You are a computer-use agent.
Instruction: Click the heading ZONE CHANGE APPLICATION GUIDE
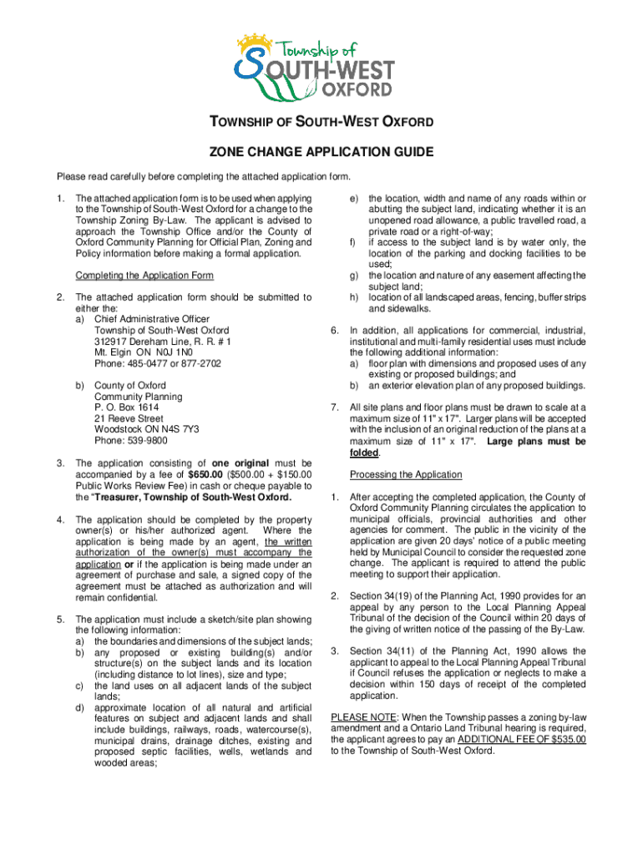pyautogui.click(x=321, y=153)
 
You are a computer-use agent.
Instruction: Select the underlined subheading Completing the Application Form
pyautogui.click(x=144, y=276)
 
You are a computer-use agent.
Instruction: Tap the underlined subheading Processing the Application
pyautogui.click(x=406, y=474)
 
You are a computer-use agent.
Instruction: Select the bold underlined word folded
pyautogui.click(x=365, y=453)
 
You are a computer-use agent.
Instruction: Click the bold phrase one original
pyautogui.click(x=246, y=463)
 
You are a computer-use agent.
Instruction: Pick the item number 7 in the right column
pyautogui.click(x=334, y=407)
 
